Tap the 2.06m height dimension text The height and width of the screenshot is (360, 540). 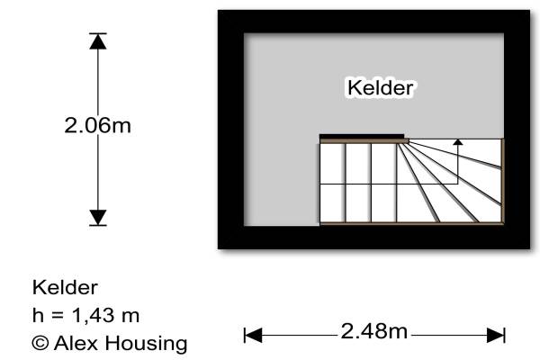[97, 126]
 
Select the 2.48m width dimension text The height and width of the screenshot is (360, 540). [373, 331]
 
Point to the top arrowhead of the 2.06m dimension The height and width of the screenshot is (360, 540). [97, 40]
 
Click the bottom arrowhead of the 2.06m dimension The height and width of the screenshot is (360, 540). [97, 217]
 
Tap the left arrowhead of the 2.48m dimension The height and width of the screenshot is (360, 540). [253, 335]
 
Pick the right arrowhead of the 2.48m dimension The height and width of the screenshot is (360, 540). [496, 335]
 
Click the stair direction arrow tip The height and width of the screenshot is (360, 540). [458, 141]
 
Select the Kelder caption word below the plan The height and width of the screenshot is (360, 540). [65, 288]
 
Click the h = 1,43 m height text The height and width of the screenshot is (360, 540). [85, 316]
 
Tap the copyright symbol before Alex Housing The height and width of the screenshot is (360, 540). [40, 343]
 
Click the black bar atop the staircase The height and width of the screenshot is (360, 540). [362, 137]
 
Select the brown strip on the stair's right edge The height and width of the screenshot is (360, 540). [503, 180]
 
